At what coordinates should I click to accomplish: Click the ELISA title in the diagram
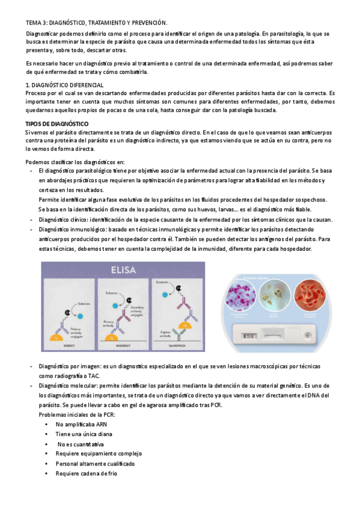tap(123, 269)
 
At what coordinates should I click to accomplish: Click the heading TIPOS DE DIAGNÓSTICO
tap(57, 124)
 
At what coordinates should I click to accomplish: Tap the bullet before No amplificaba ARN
tap(46, 425)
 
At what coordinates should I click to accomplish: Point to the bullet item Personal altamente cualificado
tap(95, 464)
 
